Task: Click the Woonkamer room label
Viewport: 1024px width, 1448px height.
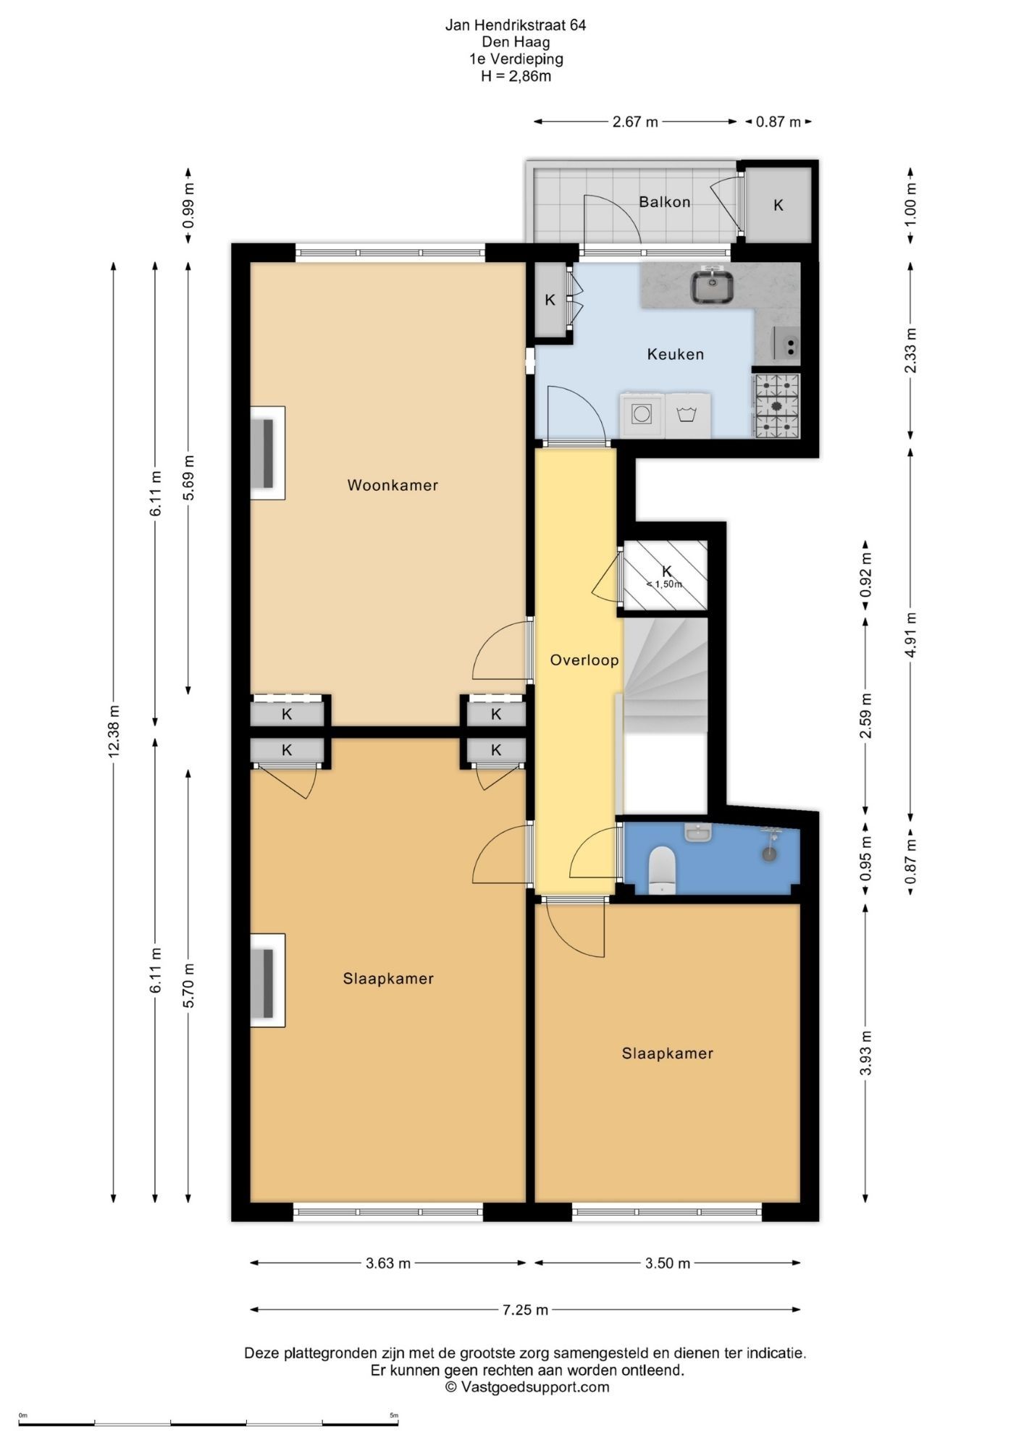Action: click(393, 485)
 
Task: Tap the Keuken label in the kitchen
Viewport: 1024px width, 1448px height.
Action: click(675, 354)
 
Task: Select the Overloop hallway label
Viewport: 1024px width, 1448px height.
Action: click(584, 660)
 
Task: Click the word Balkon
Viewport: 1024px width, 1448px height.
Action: click(664, 202)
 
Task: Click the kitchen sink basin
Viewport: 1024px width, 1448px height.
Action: click(712, 287)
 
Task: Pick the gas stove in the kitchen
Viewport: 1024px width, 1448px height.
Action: click(777, 405)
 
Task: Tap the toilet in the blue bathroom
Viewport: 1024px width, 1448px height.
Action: click(662, 870)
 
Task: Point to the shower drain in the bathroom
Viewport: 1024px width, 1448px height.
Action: click(769, 854)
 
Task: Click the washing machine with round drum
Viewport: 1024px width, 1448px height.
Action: click(642, 415)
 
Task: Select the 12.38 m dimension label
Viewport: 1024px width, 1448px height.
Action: click(114, 732)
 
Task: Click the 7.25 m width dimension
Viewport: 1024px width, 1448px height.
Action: click(525, 1309)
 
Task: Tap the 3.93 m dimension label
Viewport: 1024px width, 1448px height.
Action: click(865, 1053)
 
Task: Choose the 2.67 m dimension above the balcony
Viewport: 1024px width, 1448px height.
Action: click(635, 122)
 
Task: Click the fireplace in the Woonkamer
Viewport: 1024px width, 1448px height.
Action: click(267, 453)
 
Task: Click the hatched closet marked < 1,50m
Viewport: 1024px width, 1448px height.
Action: click(666, 575)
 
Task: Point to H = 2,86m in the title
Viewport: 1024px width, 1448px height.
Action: click(516, 76)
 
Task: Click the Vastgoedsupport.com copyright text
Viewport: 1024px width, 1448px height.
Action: click(526, 1387)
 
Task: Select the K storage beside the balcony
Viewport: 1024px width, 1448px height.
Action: click(778, 205)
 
